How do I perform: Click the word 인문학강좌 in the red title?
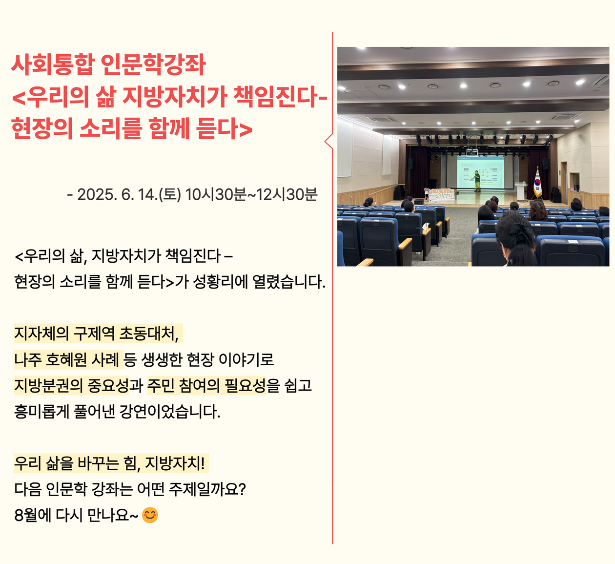coord(153,65)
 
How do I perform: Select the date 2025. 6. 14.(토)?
coord(129,194)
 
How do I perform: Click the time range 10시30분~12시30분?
coord(251,194)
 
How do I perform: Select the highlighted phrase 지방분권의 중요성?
coord(71,385)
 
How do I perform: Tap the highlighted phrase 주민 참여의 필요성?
coord(206,385)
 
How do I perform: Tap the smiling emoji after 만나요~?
coord(150,515)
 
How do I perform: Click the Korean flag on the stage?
coord(537,183)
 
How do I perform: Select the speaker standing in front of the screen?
coord(477,181)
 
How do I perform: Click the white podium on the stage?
coord(521,191)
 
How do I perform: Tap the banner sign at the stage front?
coord(439,194)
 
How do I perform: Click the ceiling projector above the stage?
coord(472,151)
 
